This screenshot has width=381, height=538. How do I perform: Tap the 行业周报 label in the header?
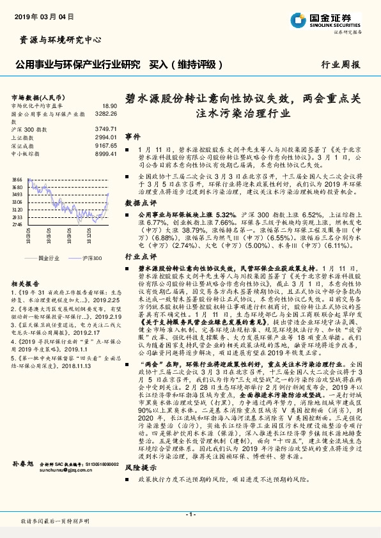point(340,65)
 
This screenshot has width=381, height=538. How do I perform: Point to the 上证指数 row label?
point(22,137)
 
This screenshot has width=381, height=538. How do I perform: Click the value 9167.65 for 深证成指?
point(106,145)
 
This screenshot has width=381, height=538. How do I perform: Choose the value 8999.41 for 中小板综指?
point(106,153)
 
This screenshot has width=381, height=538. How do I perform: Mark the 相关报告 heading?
point(26,282)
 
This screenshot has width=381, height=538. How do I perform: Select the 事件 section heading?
point(132,137)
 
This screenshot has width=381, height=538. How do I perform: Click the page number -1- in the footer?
point(190,514)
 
